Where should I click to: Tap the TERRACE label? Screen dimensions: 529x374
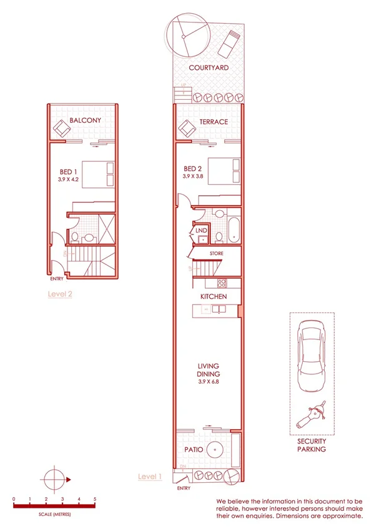point(213,122)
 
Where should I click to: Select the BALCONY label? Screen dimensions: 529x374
point(86,120)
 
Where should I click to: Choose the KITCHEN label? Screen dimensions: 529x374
point(213,296)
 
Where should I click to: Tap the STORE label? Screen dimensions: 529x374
point(216,253)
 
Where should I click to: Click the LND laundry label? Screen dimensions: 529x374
point(201,231)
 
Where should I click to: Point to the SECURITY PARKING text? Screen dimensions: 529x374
point(311,444)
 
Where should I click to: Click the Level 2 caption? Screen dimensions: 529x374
point(61,293)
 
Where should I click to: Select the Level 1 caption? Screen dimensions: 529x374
point(150,477)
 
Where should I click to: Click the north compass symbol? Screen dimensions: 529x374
point(55,478)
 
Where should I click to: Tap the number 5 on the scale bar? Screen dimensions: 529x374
point(95,499)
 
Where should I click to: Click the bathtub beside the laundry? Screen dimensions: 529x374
point(233,229)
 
